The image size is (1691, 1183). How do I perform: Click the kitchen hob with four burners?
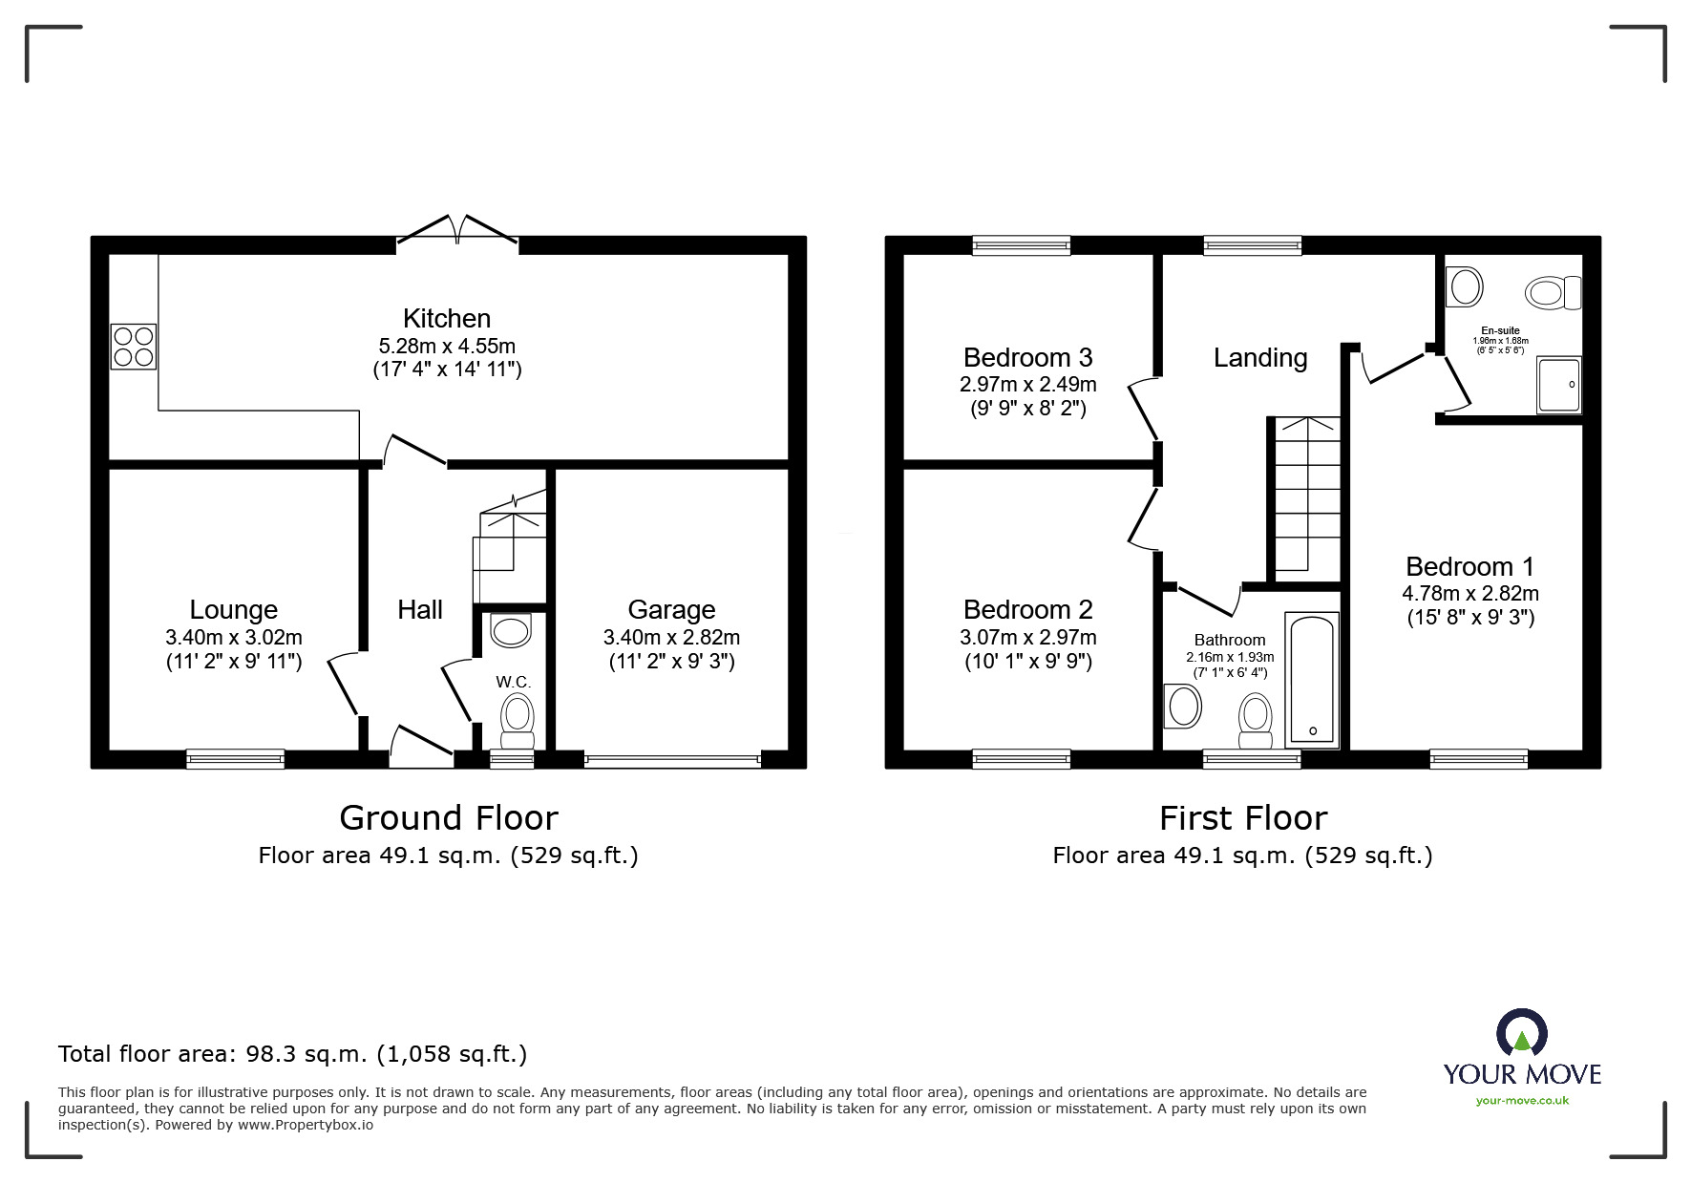tap(134, 347)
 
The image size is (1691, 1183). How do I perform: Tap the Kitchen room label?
tap(447, 318)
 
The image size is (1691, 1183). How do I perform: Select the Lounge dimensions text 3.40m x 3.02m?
tap(234, 637)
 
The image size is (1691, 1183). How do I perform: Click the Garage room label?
tap(671, 609)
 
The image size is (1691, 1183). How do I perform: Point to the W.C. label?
tap(513, 682)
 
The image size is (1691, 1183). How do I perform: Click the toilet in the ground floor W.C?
tap(518, 721)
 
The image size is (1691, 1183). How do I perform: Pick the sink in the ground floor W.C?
tap(510, 631)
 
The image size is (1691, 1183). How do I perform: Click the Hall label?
tap(420, 609)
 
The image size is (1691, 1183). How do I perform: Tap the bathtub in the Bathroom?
tap(1312, 679)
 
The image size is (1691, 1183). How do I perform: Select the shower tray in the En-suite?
tap(1558, 385)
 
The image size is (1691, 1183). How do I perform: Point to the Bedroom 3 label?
tap(1027, 357)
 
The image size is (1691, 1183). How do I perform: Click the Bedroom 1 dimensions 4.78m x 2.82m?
tap(1470, 593)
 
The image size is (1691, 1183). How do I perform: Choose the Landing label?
tap(1260, 358)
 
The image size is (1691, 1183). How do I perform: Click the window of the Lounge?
tap(236, 759)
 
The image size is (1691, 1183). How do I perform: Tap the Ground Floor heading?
tap(449, 818)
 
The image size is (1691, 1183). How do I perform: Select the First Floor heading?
tap(1243, 818)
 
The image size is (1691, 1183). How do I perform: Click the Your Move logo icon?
tap(1521, 1034)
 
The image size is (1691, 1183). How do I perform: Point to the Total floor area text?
tap(292, 1054)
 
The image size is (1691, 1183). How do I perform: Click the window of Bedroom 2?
tap(1022, 759)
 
